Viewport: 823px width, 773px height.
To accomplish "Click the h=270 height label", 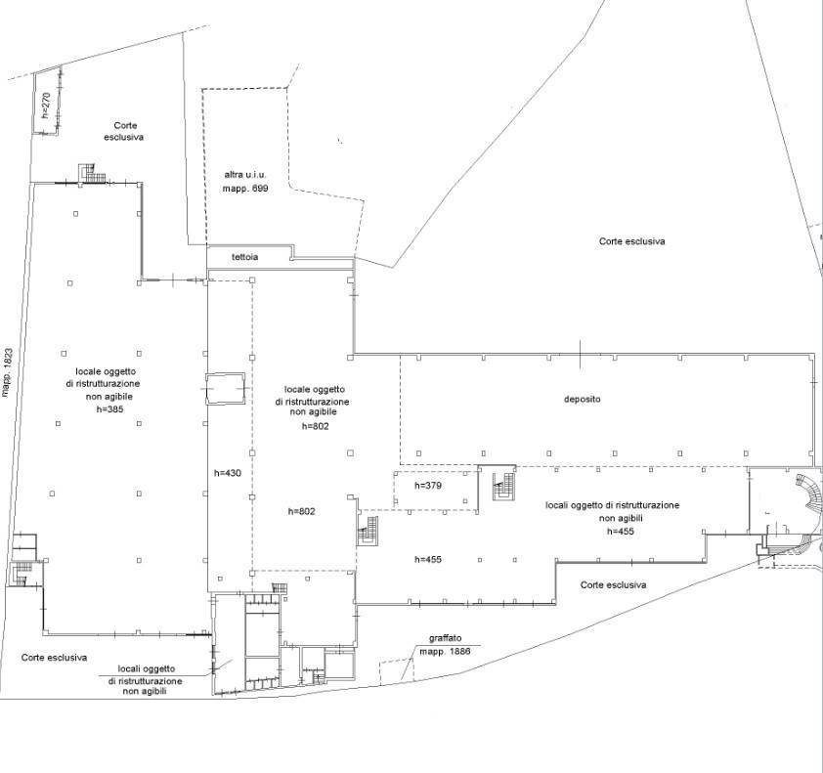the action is tap(46, 105).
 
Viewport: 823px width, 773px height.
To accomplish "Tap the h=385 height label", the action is tap(110, 408).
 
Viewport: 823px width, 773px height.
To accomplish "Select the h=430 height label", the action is tap(228, 473).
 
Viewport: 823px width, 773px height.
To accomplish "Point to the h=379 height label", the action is tap(428, 486).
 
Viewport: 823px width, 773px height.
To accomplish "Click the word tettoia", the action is tap(244, 257).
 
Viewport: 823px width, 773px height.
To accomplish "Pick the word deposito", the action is tap(583, 399).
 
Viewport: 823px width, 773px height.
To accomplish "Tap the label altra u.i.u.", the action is tap(245, 175).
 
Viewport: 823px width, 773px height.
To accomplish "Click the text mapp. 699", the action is tap(245, 188).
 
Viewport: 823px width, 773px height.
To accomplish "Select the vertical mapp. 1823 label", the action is tap(8, 372).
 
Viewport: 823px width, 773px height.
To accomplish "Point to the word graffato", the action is tap(445, 638).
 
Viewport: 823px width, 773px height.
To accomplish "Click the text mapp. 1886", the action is tap(445, 651).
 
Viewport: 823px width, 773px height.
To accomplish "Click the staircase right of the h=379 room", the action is tap(503, 486).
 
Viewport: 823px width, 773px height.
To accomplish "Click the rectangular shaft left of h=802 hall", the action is tap(225, 388).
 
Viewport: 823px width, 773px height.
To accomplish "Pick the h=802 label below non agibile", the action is tap(315, 426).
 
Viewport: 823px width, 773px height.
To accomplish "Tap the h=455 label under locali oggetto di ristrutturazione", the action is tap(621, 531).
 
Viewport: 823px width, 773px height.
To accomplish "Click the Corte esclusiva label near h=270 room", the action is tap(124, 131).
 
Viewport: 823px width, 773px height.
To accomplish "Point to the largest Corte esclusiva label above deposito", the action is tap(632, 241).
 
